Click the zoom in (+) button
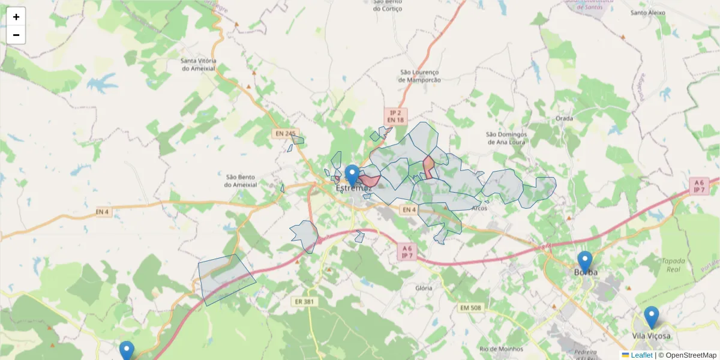[x=16, y=17]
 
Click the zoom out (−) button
[x=16, y=35]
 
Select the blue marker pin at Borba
[x=585, y=262]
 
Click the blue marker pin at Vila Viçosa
[x=651, y=317]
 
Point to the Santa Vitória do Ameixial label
[x=199, y=65]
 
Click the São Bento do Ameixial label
[x=241, y=181]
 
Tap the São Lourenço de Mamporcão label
[x=420, y=76]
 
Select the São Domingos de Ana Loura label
[x=506, y=138]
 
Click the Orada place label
[x=564, y=118]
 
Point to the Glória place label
[x=424, y=288]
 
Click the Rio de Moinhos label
[x=501, y=349]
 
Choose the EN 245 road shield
[x=286, y=133]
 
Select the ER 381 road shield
[x=305, y=301]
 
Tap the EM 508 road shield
[x=470, y=308]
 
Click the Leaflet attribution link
[x=641, y=355]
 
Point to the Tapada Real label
[x=673, y=265]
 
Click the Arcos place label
[x=479, y=208]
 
